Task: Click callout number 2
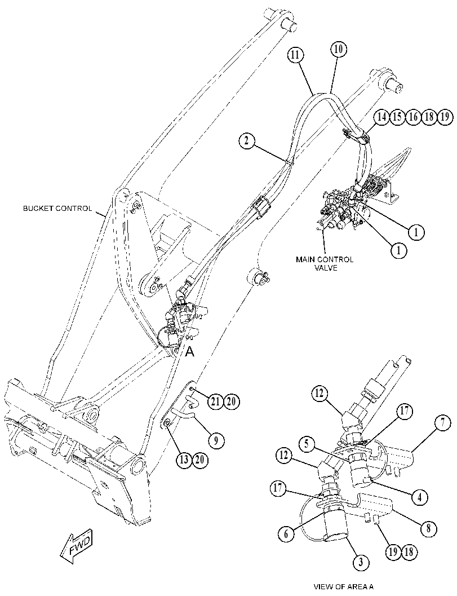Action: click(247, 141)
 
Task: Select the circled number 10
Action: click(338, 50)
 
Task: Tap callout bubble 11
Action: click(295, 55)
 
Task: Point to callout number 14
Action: click(381, 117)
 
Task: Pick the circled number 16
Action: click(413, 117)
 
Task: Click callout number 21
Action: click(215, 401)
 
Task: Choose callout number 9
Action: click(216, 440)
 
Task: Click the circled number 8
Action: click(429, 528)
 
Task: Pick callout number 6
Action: click(286, 533)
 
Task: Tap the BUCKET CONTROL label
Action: click(57, 208)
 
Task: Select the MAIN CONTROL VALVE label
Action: click(325, 263)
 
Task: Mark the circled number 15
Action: click(397, 117)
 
